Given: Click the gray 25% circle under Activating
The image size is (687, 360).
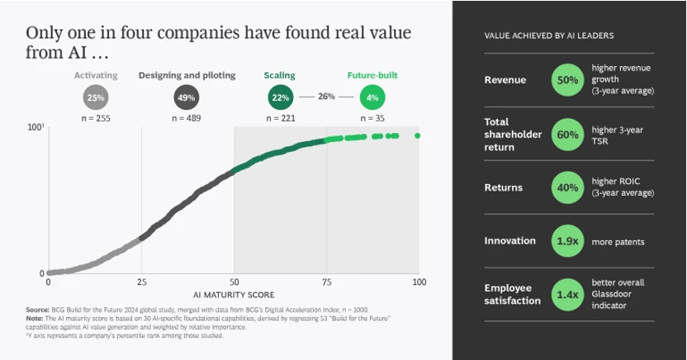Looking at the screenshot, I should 96,97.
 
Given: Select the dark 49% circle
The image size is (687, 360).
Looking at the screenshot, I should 187,97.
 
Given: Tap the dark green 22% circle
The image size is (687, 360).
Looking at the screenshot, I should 280,97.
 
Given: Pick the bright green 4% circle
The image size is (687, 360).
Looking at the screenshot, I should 372,97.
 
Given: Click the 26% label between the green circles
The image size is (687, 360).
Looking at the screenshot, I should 326,97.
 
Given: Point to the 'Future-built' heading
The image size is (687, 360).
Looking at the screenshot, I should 372,75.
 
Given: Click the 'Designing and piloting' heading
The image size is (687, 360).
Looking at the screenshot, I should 187,75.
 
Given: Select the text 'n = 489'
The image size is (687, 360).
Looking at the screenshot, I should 187,118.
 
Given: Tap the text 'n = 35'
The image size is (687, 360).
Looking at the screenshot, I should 372,118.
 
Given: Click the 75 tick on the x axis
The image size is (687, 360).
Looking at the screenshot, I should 326,282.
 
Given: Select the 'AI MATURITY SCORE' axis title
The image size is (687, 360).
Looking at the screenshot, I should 234,293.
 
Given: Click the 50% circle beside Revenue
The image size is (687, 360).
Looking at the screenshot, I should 567,80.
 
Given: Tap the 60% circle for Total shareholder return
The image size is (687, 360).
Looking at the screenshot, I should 567,134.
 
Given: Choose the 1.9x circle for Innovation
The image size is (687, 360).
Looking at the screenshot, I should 567,242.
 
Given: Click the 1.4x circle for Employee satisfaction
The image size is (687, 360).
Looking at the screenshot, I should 567,295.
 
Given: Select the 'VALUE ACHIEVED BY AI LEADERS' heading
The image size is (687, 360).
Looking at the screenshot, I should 547,36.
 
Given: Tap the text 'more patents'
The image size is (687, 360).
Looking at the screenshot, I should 618,242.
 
